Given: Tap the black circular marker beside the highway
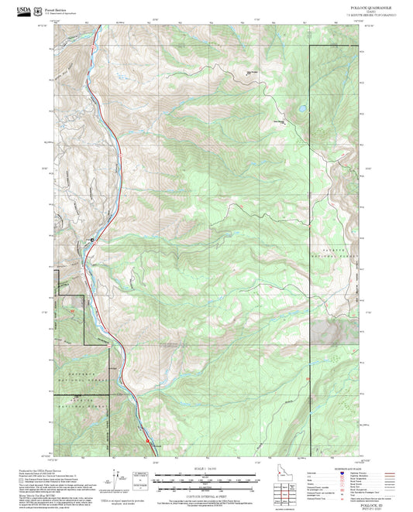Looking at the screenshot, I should tap(95, 241).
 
